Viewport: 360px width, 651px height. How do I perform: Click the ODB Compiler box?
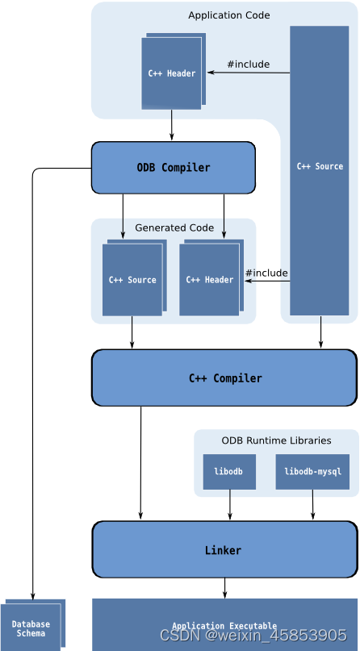[173, 168]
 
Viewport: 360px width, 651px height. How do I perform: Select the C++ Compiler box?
[224, 378]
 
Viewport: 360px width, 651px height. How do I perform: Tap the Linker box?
[224, 549]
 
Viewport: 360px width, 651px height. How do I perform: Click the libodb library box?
[229, 471]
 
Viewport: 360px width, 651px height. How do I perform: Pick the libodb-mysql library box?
[312, 471]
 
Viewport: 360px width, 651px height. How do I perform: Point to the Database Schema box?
[31, 628]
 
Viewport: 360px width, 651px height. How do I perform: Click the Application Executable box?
[224, 624]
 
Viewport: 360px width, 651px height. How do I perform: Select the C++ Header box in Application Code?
[171, 73]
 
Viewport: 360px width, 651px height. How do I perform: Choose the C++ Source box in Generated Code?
[132, 280]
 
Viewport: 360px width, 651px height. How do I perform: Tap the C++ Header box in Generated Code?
[209, 280]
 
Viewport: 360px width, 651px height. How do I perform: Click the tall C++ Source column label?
[320, 166]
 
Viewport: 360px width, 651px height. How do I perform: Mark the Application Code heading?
[229, 15]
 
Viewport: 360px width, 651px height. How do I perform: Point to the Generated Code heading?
[174, 227]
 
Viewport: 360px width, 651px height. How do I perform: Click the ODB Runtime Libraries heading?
[276, 440]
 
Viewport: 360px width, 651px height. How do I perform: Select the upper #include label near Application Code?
[248, 64]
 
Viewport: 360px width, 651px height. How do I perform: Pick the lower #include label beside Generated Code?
[266, 273]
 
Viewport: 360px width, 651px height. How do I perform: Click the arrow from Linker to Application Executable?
[225, 588]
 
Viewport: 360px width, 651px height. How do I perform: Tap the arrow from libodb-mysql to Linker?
[313, 505]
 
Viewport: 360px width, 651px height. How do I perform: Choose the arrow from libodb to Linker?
[230, 505]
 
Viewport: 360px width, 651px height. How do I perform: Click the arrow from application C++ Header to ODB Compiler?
[172, 126]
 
